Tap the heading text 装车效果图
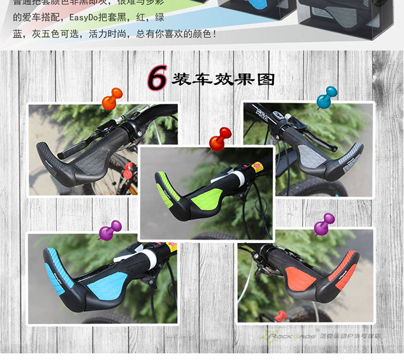pyautogui.click(x=223, y=79)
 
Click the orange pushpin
pyautogui.click(x=112, y=99)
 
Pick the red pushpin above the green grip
pyautogui.click(x=221, y=138)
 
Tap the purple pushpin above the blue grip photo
pyautogui.click(x=110, y=231)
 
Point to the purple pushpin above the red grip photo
pyautogui.click(x=324, y=224)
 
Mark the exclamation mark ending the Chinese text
pyautogui.click(x=214, y=34)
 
